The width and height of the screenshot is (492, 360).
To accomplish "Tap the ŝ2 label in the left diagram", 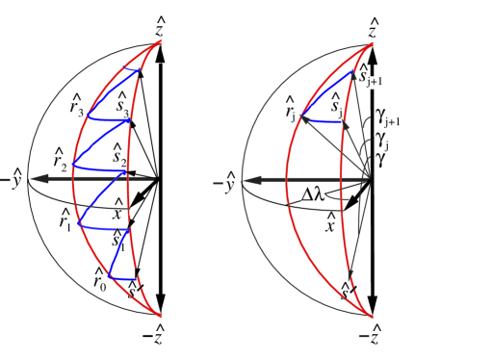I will coord(120,153).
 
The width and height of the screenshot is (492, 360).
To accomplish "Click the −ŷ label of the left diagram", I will coord(13,178).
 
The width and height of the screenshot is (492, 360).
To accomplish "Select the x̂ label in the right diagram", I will coord(330,224).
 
